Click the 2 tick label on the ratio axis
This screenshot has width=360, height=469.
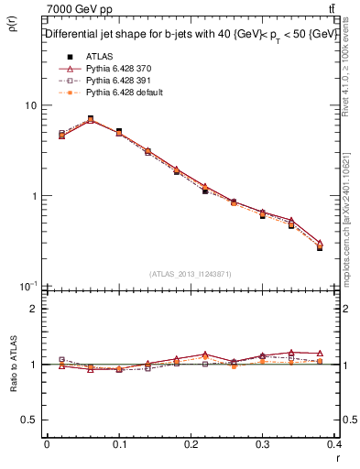coord(34,309)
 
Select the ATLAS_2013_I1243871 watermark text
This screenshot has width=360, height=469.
coord(191,275)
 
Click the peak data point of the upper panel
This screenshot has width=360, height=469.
coord(90,118)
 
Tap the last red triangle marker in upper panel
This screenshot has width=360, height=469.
coord(320,244)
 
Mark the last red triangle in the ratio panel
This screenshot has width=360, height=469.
coord(320,353)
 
